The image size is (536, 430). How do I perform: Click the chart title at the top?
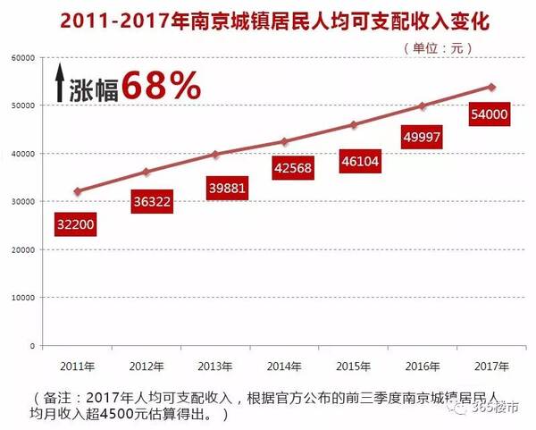click(x=268, y=20)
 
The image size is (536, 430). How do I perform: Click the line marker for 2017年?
click(x=491, y=87)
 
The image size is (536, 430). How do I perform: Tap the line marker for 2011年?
click(x=79, y=191)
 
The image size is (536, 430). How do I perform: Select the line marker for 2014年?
click(x=285, y=141)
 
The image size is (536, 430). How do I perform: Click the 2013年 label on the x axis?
click(x=216, y=366)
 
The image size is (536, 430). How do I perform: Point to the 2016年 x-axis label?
click(x=423, y=366)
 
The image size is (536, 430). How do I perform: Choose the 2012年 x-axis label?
click(x=147, y=366)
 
